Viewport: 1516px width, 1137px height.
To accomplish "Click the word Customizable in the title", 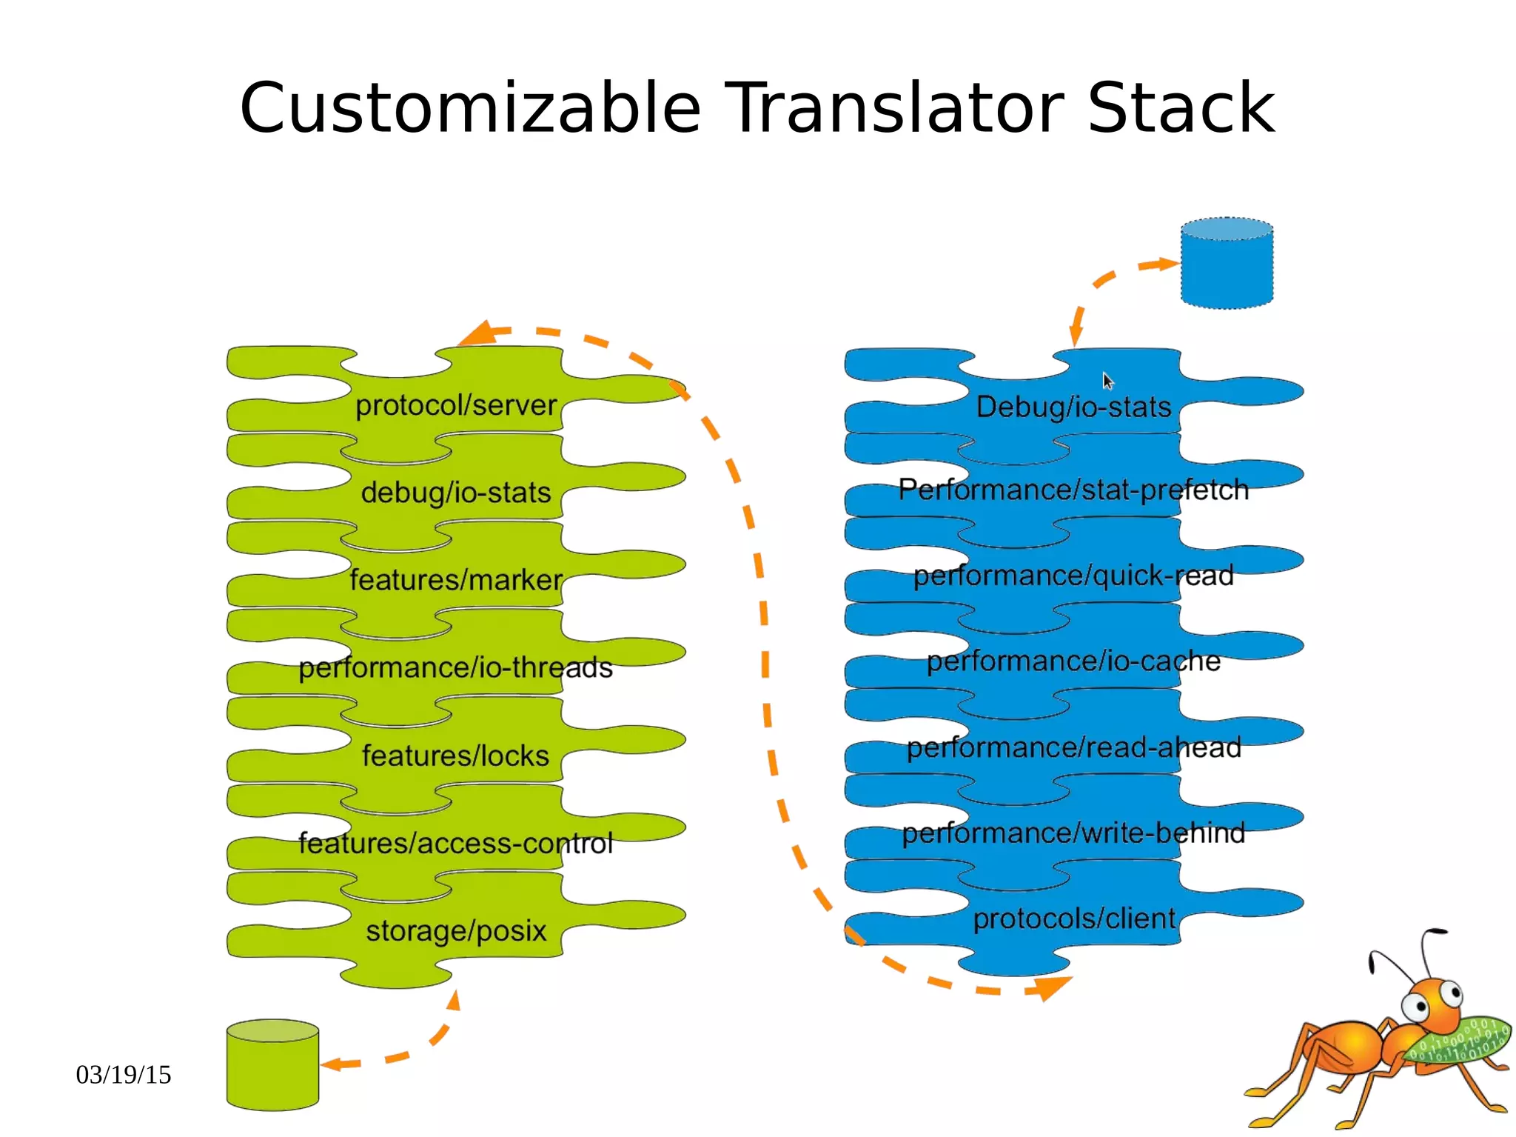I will pos(469,110).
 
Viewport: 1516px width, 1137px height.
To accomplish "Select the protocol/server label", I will pos(455,406).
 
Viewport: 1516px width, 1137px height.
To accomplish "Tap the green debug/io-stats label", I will pos(455,493).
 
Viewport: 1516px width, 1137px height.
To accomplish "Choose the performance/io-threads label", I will pos(455,668).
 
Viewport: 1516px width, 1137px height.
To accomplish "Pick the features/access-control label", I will pos(455,844).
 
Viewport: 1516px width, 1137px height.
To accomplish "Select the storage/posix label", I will pos(455,931).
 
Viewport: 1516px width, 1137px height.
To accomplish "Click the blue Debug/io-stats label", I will pos(1073,407).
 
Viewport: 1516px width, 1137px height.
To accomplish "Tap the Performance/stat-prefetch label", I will pos(1073,490).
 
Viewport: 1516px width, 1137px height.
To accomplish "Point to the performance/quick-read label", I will pos(1073,576).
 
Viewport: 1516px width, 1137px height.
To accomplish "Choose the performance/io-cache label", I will pos(1073,661).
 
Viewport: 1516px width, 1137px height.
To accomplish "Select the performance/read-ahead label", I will pos(1073,748).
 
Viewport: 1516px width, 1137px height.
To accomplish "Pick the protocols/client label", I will pos(1073,919).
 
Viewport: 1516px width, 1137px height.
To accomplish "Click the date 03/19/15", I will pos(124,1075).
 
